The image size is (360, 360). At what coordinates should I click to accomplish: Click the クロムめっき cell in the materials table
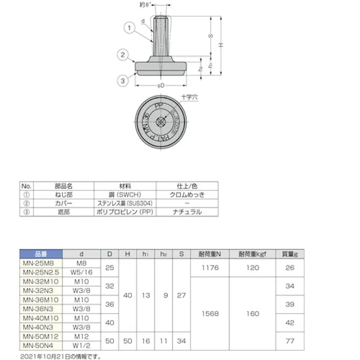[x=187, y=194]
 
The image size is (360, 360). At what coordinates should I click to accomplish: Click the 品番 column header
[x=41, y=254]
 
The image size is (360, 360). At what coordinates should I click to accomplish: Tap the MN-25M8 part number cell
[x=41, y=263]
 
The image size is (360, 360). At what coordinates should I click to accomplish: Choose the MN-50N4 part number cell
[x=41, y=345]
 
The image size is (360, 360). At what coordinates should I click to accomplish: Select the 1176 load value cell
[x=209, y=268]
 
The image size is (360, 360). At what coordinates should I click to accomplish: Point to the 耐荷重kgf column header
[x=252, y=254]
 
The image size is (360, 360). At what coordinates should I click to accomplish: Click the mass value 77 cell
[x=289, y=341]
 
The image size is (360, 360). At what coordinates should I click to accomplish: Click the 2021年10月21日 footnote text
[x=61, y=356]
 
